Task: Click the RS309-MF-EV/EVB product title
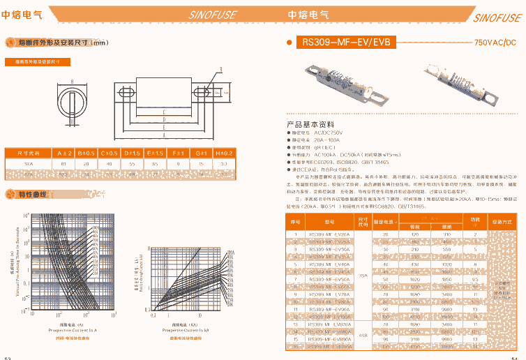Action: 345,43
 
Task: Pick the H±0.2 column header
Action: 224,152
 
